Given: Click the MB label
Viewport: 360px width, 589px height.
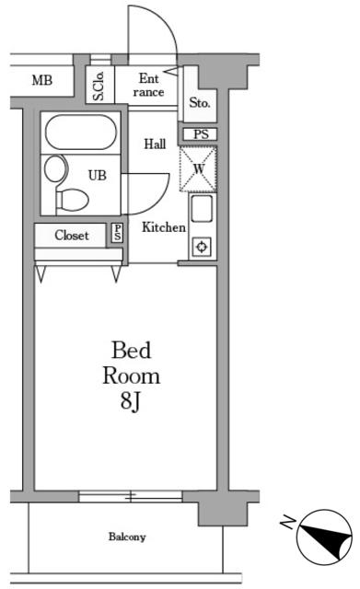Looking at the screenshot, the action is [42, 80].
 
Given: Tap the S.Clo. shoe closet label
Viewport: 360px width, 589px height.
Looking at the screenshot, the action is [99, 86].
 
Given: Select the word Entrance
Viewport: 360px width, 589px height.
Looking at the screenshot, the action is [149, 86].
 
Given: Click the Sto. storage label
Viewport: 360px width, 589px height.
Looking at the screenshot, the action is [200, 102].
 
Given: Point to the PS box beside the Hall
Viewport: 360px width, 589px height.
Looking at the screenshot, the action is [201, 134].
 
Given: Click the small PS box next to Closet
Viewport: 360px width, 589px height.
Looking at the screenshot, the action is [118, 233].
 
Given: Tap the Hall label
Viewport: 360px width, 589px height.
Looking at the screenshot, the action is [155, 144].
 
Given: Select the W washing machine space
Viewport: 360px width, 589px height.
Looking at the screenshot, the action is [198, 168].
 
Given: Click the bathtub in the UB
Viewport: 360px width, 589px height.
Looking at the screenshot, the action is [81, 133].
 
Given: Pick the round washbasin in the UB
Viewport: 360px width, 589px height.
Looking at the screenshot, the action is [56, 168].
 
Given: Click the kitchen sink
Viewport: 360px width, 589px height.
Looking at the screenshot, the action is [202, 209].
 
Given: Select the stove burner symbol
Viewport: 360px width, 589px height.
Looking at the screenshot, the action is [203, 248].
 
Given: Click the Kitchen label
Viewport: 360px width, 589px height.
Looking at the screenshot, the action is [164, 227].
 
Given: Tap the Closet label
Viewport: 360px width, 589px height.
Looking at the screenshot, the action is [72, 236].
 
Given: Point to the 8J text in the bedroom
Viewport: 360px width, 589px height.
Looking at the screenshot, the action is [131, 401].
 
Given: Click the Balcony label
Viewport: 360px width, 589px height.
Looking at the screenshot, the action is [127, 537].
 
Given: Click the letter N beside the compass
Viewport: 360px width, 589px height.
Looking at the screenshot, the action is [288, 522].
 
